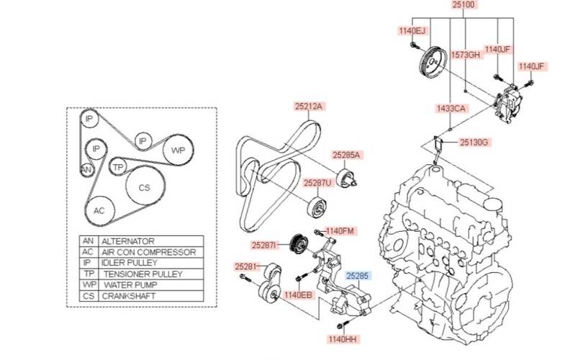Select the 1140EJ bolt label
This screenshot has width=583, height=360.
point(413,31)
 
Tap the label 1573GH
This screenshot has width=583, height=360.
point(465,55)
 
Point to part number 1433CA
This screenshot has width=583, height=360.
point(451,108)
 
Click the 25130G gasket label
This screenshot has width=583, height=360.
point(474,143)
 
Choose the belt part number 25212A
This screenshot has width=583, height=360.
point(309,107)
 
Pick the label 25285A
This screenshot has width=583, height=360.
point(346,155)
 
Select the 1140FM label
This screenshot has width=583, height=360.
point(340,231)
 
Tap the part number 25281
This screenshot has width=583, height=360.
point(245,266)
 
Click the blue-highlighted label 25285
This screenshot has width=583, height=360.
point(357,275)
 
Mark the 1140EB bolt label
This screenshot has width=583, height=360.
point(298,294)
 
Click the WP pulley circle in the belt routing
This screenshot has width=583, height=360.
point(178,151)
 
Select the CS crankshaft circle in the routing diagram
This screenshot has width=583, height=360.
point(144,187)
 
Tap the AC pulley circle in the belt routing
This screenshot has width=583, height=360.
point(99,210)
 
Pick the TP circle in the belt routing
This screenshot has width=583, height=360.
point(119,167)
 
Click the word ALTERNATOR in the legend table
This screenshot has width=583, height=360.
point(128,241)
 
